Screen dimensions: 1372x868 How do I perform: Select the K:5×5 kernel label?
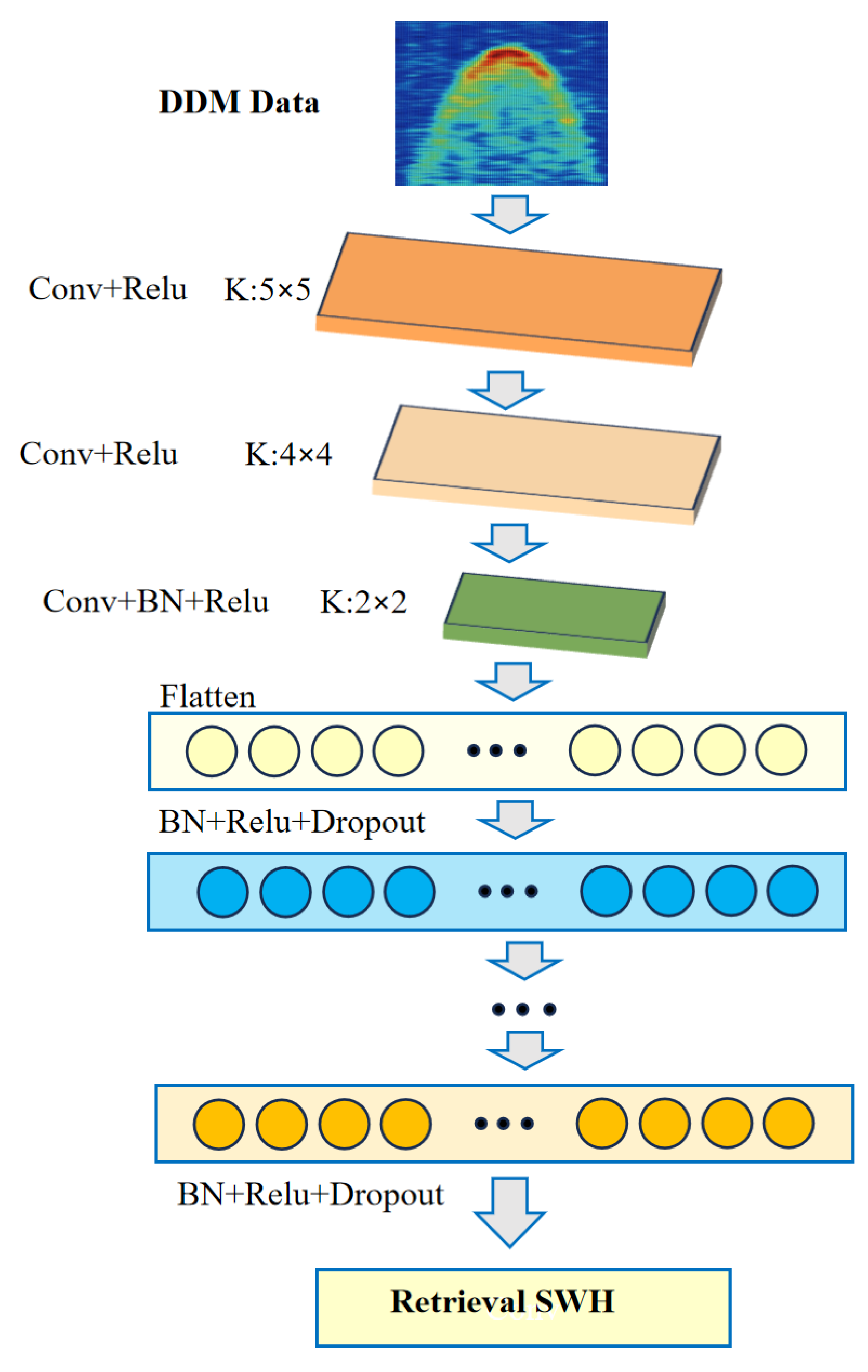[267, 289]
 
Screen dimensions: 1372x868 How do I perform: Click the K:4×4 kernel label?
[288, 454]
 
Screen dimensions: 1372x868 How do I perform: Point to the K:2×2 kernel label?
[363, 602]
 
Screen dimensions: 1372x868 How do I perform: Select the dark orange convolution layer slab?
[519, 294]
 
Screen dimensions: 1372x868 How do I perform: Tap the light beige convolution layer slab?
[546, 459]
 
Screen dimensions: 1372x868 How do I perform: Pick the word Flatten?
[207, 697]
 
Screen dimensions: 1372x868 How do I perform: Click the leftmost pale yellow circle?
[212, 751]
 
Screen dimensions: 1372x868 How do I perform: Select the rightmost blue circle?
[792, 891]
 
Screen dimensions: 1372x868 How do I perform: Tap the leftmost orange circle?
[219, 1124]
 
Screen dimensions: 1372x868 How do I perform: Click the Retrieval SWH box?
[523, 1308]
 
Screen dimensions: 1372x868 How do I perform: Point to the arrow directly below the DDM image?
[509, 214]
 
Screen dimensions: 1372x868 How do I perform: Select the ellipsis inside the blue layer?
[508, 891]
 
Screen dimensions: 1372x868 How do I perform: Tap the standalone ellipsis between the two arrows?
[524, 1010]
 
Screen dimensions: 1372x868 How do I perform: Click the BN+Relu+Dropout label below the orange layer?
[310, 1195]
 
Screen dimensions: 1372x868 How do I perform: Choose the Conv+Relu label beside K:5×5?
[108, 288]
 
